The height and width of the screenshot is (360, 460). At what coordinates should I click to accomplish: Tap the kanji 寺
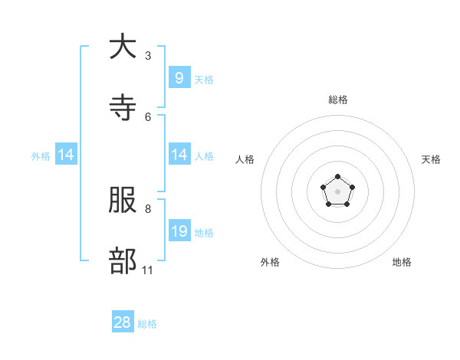(123, 108)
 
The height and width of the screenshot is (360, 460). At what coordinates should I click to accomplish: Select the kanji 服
(123, 200)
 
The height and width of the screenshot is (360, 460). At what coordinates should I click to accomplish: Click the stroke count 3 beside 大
(148, 55)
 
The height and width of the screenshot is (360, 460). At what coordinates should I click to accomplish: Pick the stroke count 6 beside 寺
(148, 116)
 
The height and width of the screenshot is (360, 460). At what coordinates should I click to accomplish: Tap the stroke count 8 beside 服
(148, 208)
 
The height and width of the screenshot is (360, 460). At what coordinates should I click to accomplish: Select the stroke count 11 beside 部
(148, 270)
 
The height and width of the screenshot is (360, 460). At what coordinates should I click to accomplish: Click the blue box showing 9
(179, 77)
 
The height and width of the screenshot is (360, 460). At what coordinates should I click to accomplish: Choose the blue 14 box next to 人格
(179, 155)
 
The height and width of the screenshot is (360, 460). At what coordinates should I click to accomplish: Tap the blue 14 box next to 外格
(66, 155)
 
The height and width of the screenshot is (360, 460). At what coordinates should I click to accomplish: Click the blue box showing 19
(179, 231)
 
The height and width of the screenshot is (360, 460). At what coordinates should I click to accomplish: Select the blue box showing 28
(123, 322)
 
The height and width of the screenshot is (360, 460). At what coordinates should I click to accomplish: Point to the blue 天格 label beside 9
(204, 79)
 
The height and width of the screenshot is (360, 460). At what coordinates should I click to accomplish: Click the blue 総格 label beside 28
(147, 324)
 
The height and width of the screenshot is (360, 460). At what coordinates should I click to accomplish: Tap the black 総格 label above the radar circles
(338, 100)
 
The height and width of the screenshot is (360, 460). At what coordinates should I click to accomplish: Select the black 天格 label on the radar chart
(431, 159)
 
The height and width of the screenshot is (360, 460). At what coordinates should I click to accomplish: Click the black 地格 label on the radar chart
(402, 262)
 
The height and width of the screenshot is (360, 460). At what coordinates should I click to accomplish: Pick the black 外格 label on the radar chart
(270, 262)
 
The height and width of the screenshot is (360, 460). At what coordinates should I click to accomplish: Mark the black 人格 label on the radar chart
(245, 159)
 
